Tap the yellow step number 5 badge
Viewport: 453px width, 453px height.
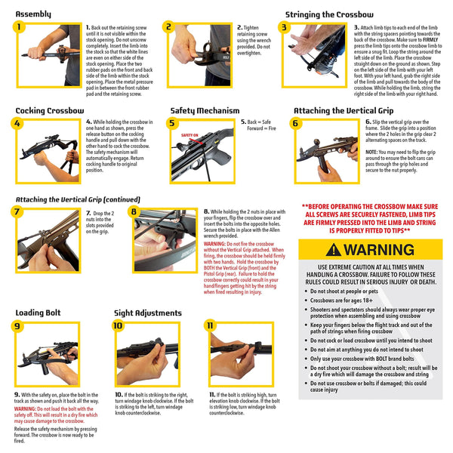[173, 123]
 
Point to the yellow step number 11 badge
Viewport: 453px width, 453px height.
[211, 326]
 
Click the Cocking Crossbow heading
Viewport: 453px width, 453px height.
[50, 110]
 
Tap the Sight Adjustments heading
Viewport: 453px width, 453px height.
[148, 313]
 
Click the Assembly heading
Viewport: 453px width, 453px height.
[34, 14]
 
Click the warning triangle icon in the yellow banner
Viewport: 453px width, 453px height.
[332, 250]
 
